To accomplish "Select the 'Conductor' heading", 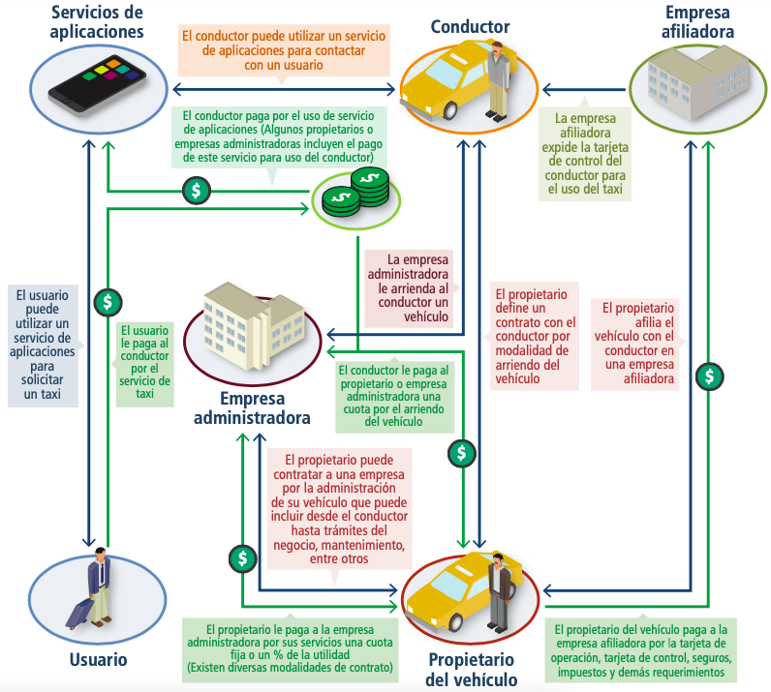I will click(x=472, y=26).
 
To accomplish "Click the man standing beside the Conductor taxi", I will click(x=498, y=77).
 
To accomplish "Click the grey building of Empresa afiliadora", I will click(x=690, y=83).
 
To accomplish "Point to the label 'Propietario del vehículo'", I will click(x=472, y=669).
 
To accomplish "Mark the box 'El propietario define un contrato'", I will click(x=535, y=337).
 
